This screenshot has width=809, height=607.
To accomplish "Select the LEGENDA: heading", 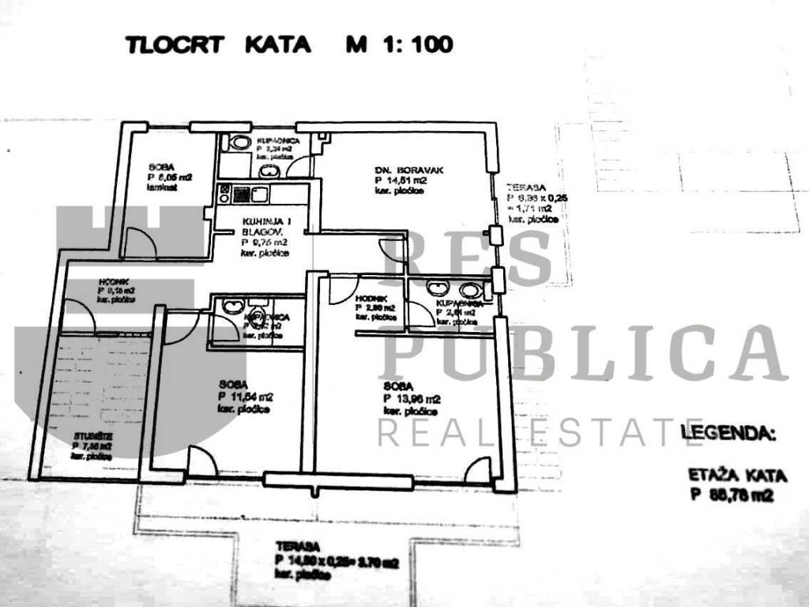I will [728, 433].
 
